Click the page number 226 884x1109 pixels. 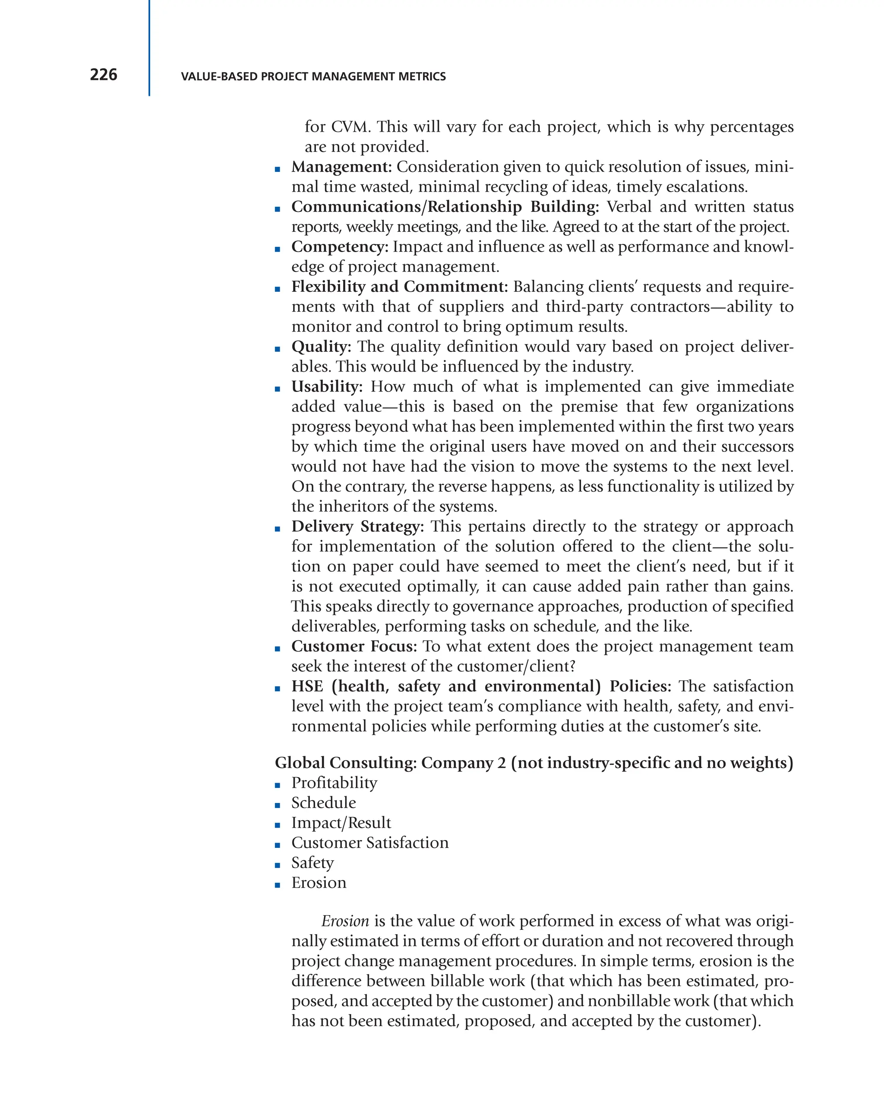click(x=103, y=75)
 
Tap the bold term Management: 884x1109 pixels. click(x=341, y=167)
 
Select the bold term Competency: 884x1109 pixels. click(x=339, y=247)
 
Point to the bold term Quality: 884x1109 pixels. click(x=321, y=347)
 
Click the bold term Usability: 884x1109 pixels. click(x=327, y=387)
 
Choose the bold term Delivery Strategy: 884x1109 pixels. click(x=357, y=527)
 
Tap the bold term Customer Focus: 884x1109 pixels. click(x=354, y=647)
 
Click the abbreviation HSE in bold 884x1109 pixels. click(x=307, y=687)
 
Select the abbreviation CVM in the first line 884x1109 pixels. click(x=350, y=127)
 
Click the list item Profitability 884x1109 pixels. click(x=334, y=783)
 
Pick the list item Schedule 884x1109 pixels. click(x=323, y=803)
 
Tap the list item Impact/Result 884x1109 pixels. click(x=341, y=823)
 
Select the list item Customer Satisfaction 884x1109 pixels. click(x=370, y=843)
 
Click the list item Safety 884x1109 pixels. click(x=312, y=863)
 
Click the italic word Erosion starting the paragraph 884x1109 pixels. click(x=345, y=921)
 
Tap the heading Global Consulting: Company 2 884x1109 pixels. click(x=391, y=763)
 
